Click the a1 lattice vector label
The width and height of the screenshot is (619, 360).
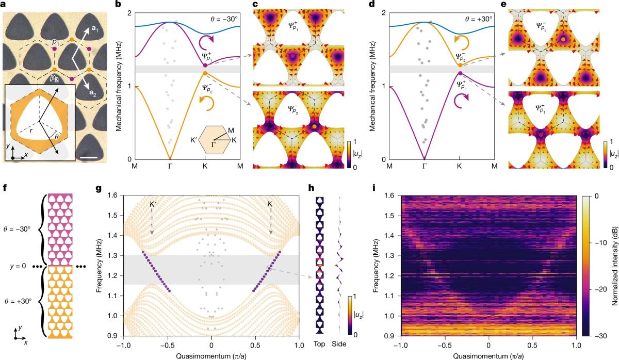tap(96, 30)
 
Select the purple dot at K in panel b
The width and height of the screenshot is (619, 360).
tap(205, 65)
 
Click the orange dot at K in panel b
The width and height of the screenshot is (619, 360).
tap(205, 74)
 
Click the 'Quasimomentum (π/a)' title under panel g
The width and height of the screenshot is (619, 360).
tap(211, 356)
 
